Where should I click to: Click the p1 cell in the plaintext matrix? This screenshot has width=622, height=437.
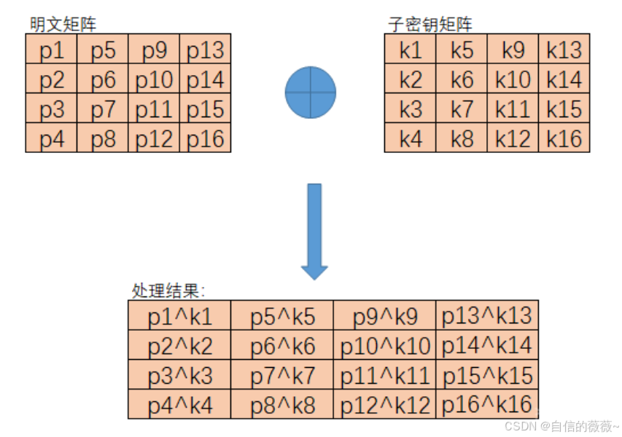click(52, 50)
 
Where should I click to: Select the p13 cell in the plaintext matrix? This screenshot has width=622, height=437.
click(206, 50)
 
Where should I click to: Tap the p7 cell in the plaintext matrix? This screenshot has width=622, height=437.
click(103, 109)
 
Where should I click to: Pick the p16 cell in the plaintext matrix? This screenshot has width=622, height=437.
click(206, 138)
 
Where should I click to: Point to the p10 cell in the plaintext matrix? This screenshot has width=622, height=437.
click(154, 79)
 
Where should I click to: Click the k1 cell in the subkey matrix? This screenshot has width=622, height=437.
click(411, 50)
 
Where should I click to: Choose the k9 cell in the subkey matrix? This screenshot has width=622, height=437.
click(513, 50)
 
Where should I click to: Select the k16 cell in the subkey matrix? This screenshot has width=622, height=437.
click(564, 138)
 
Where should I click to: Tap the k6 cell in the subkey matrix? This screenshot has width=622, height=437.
click(462, 79)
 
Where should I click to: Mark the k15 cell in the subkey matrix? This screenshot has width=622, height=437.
click(564, 109)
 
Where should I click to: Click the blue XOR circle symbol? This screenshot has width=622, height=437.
click(311, 92)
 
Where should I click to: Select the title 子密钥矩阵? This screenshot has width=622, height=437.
click(430, 24)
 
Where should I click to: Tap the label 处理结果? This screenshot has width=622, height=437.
click(168, 291)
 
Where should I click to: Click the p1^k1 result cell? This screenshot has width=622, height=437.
click(179, 315)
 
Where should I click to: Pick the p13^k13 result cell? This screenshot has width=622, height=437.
click(487, 315)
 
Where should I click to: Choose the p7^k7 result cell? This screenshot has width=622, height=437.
click(282, 375)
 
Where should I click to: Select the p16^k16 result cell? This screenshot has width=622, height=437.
click(487, 404)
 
